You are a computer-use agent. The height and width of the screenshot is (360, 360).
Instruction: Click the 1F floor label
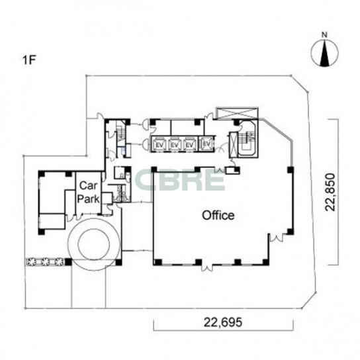[x=29, y=60]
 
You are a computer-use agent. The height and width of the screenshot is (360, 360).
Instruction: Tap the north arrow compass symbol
[x=324, y=53]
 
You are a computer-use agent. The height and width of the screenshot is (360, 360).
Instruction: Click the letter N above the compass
[x=324, y=35]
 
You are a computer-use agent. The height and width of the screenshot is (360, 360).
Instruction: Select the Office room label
[x=218, y=215]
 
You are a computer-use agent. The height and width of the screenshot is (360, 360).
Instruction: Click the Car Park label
[x=89, y=192]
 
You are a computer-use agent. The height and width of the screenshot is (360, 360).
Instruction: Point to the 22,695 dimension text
[x=223, y=322]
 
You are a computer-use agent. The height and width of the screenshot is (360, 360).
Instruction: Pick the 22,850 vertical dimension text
[x=330, y=192]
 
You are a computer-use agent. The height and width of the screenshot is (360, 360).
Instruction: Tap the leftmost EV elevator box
[x=159, y=145]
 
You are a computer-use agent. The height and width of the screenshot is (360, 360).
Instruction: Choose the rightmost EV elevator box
[x=206, y=144]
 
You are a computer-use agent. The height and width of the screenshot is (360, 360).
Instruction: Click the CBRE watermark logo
[x=180, y=181]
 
